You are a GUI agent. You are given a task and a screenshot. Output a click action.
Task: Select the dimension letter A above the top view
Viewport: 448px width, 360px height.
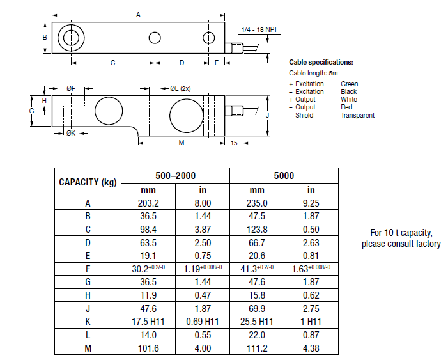(137, 15)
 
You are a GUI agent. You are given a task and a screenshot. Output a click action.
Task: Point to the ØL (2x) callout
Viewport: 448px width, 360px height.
(181, 88)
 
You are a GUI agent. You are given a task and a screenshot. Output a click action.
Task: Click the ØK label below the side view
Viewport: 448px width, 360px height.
(71, 133)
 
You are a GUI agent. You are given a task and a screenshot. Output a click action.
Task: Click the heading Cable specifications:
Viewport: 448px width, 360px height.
(321, 63)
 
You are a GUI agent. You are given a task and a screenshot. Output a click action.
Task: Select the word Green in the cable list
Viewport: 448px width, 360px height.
(350, 84)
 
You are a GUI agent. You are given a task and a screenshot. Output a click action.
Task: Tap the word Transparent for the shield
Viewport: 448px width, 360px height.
(357, 115)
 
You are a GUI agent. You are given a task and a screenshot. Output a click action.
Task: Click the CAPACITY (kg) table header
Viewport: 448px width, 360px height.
(88, 182)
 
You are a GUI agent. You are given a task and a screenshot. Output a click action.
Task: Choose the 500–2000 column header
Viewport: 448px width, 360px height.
(175, 175)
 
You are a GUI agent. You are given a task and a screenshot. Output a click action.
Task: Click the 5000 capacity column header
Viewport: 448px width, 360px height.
(284, 175)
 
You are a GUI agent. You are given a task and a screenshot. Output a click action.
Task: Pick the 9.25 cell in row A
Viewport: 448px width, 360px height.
(311, 203)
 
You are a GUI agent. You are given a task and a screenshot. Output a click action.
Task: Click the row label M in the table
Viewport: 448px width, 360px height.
(88, 348)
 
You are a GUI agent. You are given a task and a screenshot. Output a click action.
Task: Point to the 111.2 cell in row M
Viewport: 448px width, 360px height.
(257, 348)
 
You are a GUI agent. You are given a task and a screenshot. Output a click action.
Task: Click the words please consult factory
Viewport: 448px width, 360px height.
(401, 244)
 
